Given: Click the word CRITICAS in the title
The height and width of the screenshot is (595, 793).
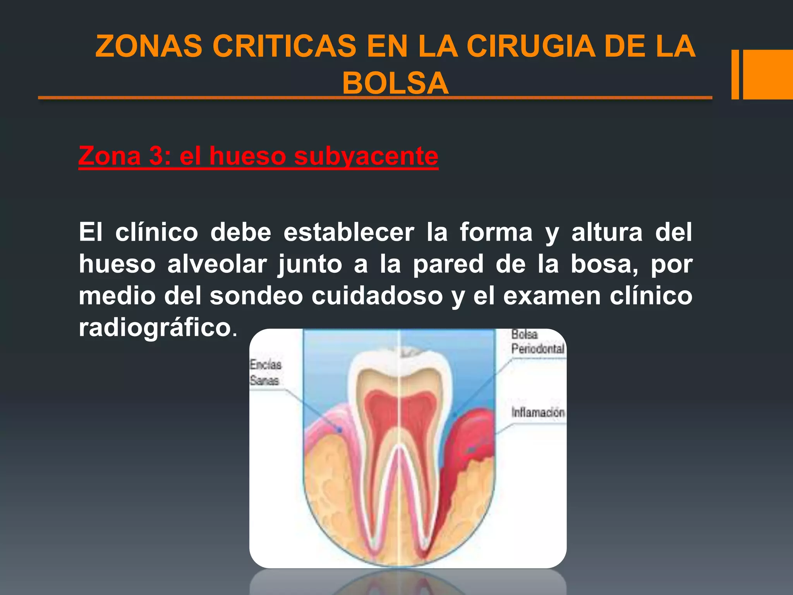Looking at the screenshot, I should point(284,46).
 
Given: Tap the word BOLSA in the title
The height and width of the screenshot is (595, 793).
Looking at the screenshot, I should point(395,83).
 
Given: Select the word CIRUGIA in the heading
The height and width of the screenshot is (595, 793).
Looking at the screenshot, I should point(530,46).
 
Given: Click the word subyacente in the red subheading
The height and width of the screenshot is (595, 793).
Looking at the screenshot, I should point(366,156).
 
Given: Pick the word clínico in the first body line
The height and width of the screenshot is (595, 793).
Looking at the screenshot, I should point(156,232).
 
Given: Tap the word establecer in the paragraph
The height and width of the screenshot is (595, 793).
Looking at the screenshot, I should point(348,232).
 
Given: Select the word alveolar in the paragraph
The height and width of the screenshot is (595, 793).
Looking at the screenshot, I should point(217,264).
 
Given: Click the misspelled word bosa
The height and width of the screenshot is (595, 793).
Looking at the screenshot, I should point(604,264).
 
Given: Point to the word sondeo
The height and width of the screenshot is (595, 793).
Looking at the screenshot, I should point(256,296).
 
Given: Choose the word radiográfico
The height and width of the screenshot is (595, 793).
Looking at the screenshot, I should point(155,328).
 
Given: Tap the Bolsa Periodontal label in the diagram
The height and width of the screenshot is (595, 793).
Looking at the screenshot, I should point(537,342).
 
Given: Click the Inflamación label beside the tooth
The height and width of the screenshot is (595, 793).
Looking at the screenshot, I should point(538,413).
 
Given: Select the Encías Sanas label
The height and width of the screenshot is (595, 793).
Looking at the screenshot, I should point(265,372).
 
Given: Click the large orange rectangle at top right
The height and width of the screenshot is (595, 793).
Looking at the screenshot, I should point(767,74).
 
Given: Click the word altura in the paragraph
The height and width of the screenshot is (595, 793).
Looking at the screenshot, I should point(607,232).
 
